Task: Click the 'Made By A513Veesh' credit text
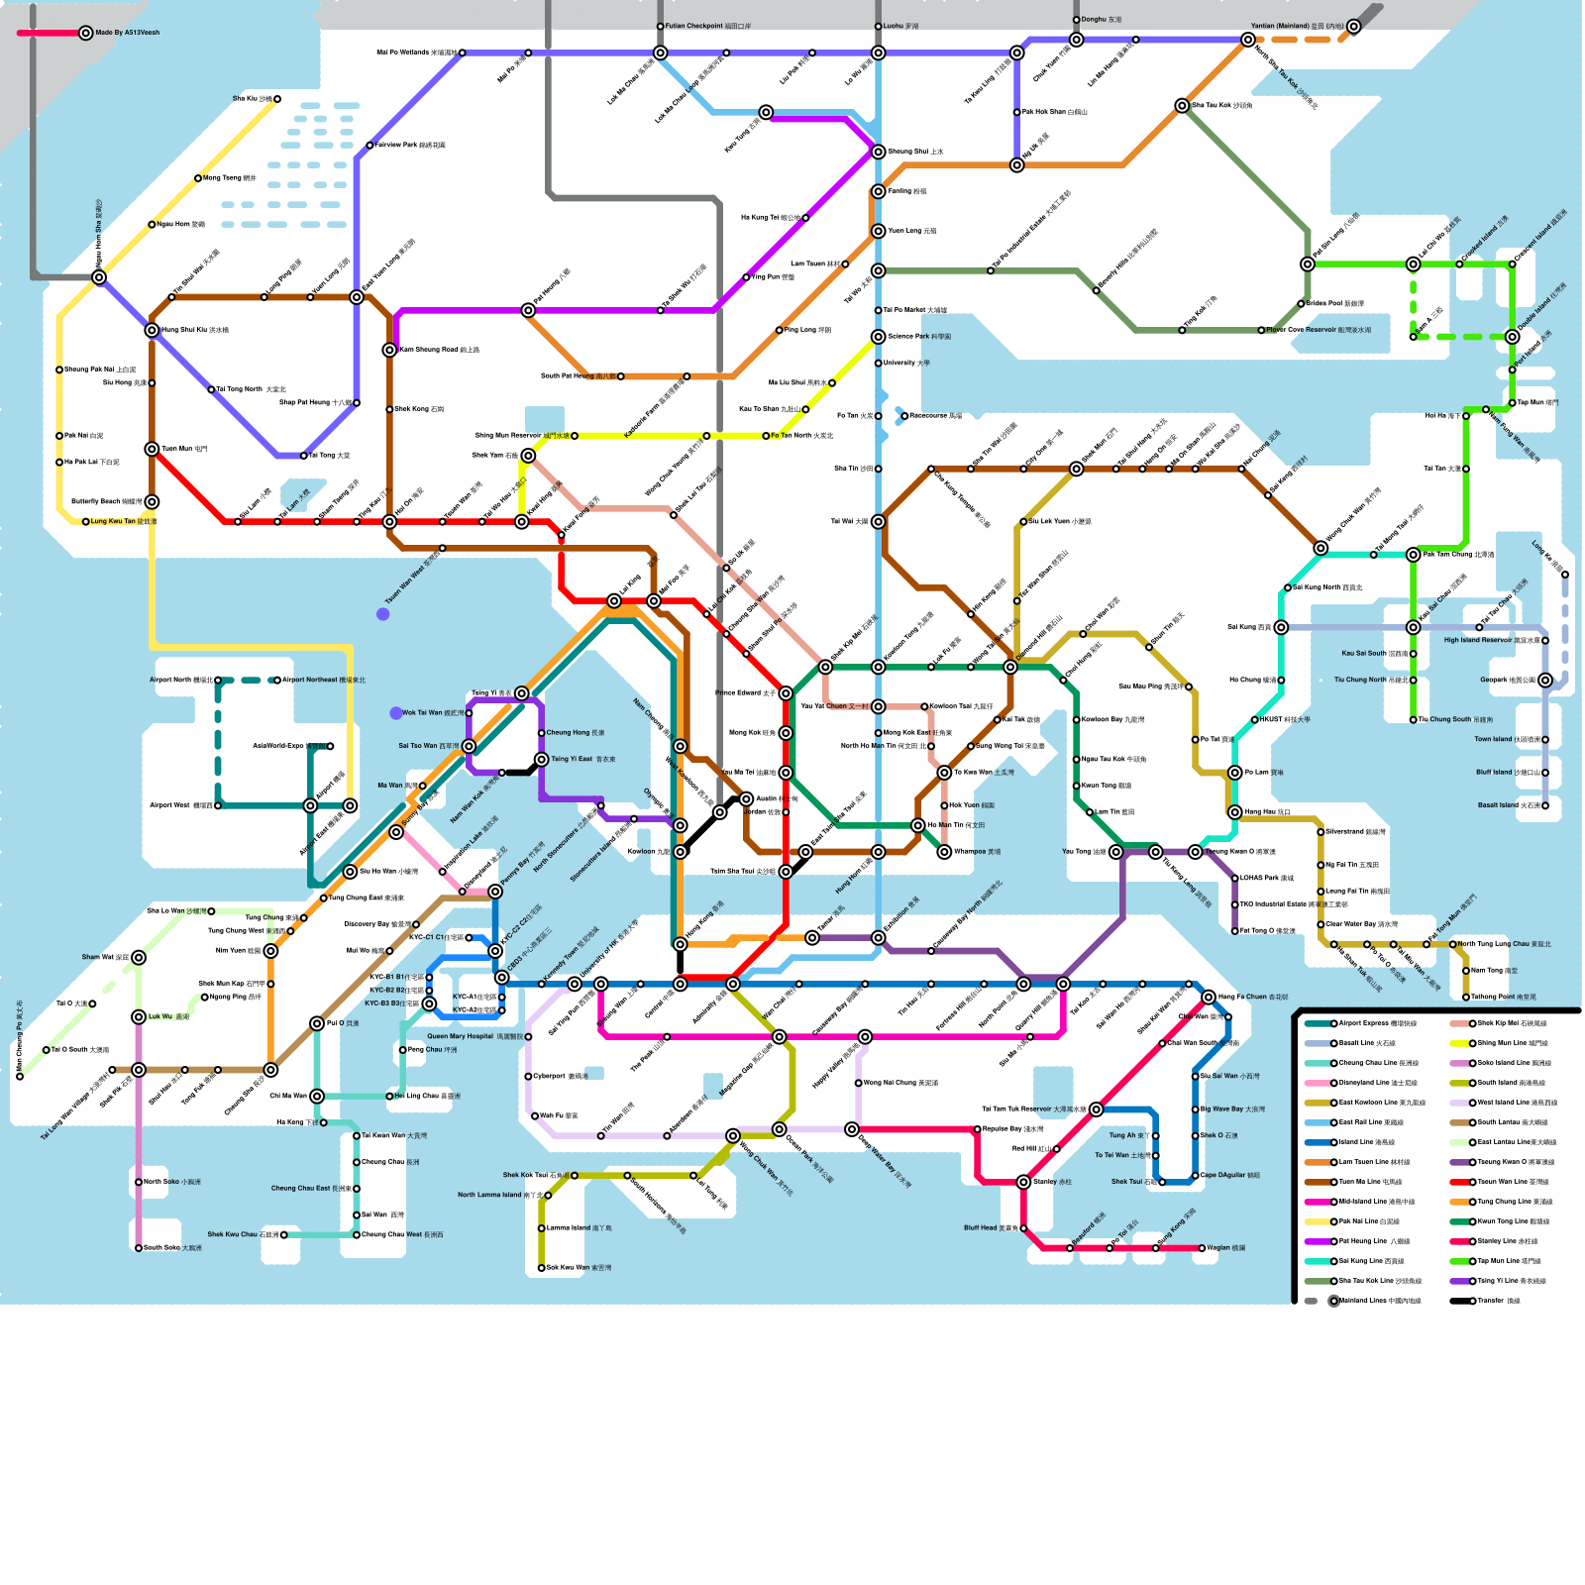click(x=127, y=33)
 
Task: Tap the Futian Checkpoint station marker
click(x=661, y=27)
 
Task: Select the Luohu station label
click(x=900, y=27)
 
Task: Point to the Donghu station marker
click(x=1077, y=20)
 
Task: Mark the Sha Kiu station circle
click(x=277, y=99)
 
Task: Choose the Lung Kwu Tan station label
click(x=124, y=521)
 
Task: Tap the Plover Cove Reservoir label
click(x=1319, y=330)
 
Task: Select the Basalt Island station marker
click(x=1545, y=805)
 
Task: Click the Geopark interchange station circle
click(x=1545, y=681)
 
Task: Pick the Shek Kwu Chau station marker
click(x=284, y=1235)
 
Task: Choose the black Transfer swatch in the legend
click(x=1458, y=1301)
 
